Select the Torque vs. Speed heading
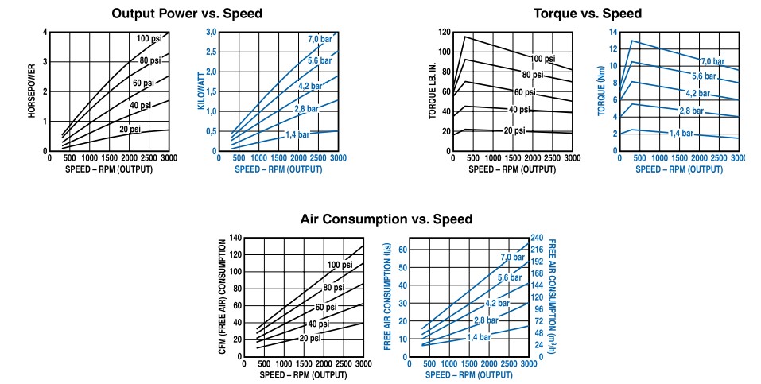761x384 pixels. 588,14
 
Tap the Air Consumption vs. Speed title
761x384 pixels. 386,219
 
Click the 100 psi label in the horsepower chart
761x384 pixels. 150,39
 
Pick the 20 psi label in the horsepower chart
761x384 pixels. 130,129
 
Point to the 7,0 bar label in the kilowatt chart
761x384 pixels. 320,39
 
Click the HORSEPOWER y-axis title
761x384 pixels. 33,91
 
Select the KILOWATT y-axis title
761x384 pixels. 202,91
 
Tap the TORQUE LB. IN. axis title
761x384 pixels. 433,91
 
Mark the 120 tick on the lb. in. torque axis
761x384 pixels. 445,33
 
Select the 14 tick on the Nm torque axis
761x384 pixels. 614,33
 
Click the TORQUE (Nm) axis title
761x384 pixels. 603,91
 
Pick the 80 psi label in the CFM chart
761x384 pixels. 334,287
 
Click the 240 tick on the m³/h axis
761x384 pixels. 538,239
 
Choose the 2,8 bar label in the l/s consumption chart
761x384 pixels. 487,320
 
